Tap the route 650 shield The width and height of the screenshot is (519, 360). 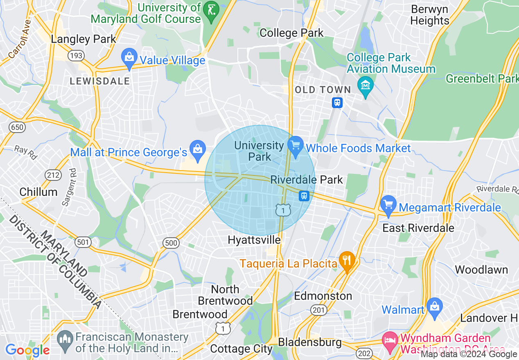tap(17, 127)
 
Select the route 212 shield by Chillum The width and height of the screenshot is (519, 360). tap(54, 175)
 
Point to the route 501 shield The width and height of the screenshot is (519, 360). tap(83, 242)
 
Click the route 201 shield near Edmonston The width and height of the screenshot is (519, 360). tap(318, 310)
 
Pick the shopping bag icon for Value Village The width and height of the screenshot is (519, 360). tap(129, 60)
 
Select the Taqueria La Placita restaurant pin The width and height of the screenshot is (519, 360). tap(347, 262)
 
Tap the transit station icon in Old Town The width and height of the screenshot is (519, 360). tap(337, 102)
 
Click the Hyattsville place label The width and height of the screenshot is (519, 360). tap(254, 240)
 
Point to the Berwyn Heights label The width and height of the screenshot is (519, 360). tap(430, 15)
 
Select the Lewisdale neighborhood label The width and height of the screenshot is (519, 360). tap(99, 81)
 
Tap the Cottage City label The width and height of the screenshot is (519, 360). tap(241, 349)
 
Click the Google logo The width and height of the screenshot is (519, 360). tap(27, 350)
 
